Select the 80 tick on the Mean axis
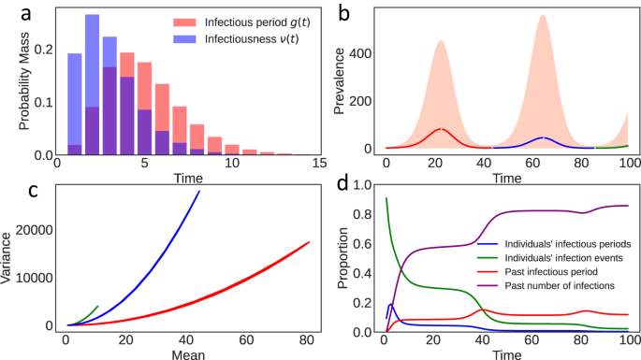[x=307, y=343]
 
